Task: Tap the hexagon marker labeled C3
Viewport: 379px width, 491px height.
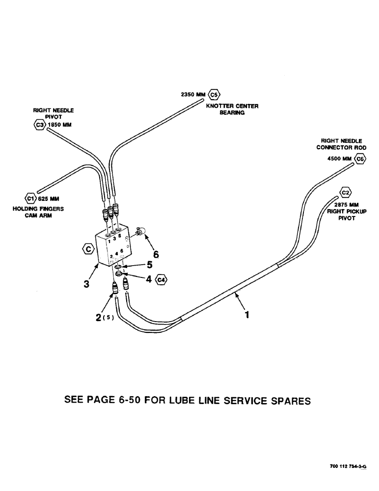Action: pos(39,125)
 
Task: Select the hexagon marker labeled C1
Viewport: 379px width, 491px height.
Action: pos(31,198)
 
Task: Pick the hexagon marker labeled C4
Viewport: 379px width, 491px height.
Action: pos(161,280)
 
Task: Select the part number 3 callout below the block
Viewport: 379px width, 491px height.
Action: pos(86,283)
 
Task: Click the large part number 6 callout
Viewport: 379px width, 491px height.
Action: pos(157,255)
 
